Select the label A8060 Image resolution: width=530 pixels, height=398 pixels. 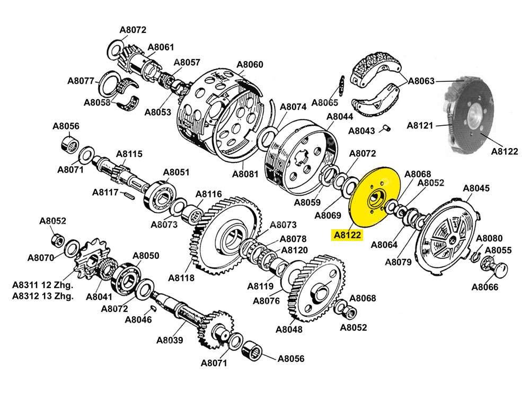coord(250,65)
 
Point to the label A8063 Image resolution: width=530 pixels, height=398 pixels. coord(421,81)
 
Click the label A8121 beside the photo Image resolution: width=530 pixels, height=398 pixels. coord(420,126)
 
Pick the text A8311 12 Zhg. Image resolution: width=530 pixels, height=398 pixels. coord(43,285)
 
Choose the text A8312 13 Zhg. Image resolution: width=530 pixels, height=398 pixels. coord(43,296)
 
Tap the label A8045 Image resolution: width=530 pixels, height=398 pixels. coord(476,188)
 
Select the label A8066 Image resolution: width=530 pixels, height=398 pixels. coord(485,288)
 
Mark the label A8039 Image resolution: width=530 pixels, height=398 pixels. coord(170,340)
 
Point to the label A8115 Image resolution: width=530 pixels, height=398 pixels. coord(129,154)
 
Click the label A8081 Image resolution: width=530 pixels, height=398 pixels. coord(245,174)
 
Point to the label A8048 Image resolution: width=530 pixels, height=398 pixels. coord(289,329)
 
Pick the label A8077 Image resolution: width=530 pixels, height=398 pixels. coord(81,81)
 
